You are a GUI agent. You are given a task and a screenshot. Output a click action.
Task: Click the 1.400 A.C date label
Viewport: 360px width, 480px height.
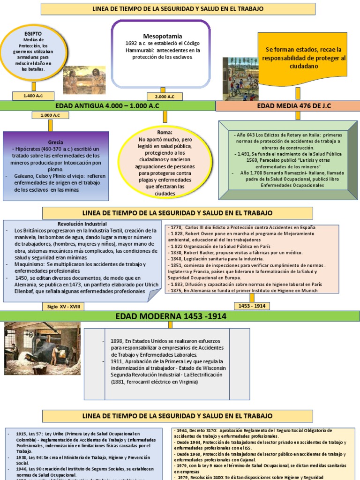(x=34, y=96)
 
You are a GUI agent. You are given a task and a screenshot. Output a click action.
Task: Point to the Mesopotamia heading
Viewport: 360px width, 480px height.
(x=162, y=36)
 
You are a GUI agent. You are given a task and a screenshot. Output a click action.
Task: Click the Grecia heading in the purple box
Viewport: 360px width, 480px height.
(x=56, y=142)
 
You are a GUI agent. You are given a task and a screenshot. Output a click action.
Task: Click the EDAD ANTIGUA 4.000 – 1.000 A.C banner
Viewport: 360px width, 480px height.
(x=107, y=106)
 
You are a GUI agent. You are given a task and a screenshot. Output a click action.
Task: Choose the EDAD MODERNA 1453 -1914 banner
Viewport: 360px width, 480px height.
(x=171, y=316)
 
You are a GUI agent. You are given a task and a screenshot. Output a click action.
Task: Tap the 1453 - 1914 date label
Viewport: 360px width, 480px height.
(x=252, y=306)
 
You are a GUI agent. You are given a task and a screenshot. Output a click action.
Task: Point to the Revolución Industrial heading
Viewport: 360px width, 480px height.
(x=82, y=224)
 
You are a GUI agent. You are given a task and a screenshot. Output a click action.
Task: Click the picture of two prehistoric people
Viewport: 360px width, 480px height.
(x=84, y=80)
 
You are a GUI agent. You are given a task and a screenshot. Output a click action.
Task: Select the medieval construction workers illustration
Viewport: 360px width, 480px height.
(x=240, y=79)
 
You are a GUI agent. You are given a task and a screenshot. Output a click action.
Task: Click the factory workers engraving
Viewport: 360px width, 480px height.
(x=42, y=348)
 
